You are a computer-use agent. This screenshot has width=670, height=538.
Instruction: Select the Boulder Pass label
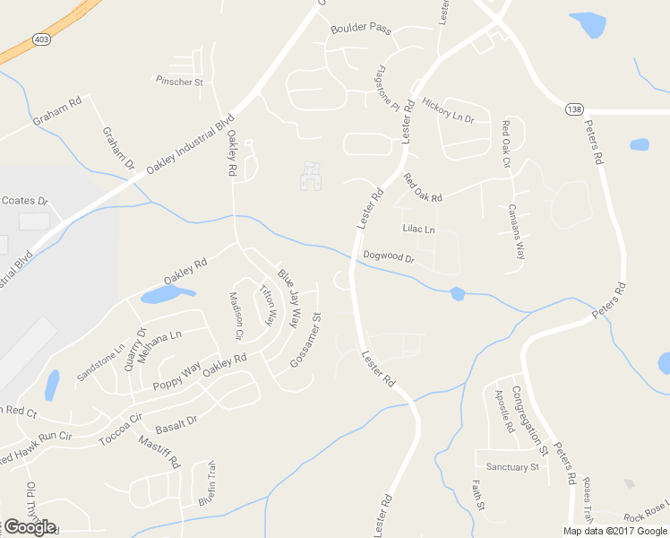tap(361, 29)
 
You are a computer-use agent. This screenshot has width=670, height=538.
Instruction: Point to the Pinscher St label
tap(181, 82)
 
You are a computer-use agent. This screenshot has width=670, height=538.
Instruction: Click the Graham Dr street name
tap(117, 148)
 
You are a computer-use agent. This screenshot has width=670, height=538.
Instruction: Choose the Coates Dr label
tap(24, 200)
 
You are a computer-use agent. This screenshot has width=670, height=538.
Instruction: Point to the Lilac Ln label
tap(418, 230)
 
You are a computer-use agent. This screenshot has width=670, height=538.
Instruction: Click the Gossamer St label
tap(305, 340)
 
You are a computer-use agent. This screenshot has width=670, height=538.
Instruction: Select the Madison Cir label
tap(236, 316)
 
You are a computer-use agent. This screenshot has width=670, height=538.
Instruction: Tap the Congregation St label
tap(529, 418)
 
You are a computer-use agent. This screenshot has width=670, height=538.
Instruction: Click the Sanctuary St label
tap(512, 467)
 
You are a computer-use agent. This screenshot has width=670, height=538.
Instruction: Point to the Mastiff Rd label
tap(160, 453)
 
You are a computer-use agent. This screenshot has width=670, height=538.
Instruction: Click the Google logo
tap(30, 527)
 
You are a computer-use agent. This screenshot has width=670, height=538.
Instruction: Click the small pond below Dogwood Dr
tap(457, 293)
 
